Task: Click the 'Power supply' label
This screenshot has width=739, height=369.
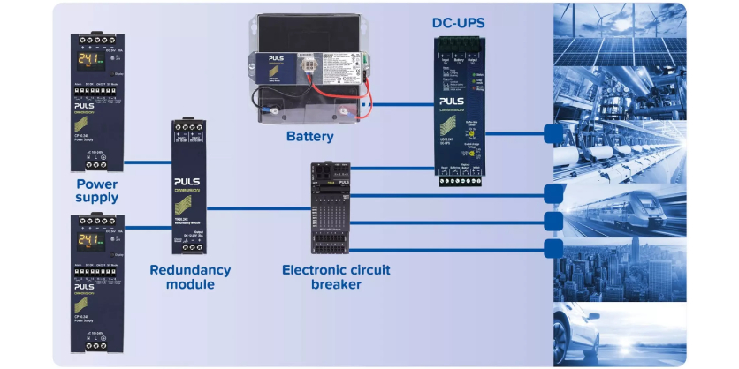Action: pyautogui.click(x=96, y=191)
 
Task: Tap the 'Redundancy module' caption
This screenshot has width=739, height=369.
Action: pyautogui.click(x=190, y=277)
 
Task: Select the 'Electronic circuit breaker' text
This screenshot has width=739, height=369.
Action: pyautogui.click(x=336, y=277)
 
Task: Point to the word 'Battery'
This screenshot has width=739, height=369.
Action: pyautogui.click(x=310, y=137)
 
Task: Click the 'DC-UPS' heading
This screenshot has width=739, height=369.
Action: pyautogui.click(x=458, y=22)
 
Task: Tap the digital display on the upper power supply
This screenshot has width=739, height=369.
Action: pyautogui.click(x=88, y=61)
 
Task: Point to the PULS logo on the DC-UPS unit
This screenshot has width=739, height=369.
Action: pyautogui.click(x=459, y=102)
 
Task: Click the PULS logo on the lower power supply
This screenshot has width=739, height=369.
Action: pyautogui.click(x=85, y=287)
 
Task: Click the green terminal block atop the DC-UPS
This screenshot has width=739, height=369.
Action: pyautogui.click(x=459, y=44)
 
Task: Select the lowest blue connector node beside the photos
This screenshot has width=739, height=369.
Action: pyautogui.click(x=554, y=248)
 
